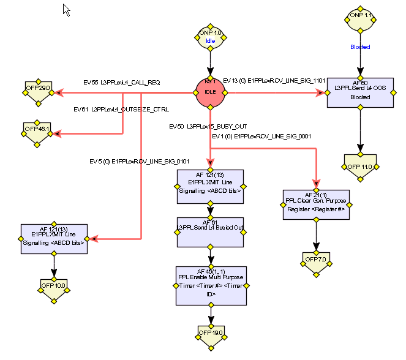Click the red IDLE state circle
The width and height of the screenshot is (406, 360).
pyautogui.click(x=210, y=92)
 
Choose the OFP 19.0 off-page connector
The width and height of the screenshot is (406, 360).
pyautogui.click(x=210, y=334)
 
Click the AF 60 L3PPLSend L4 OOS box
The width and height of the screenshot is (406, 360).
pyautogui.click(x=360, y=92)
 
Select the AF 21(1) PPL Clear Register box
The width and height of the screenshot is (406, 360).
pyautogui.click(x=316, y=204)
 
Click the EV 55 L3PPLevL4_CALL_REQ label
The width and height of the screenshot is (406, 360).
pyautogui.click(x=122, y=81)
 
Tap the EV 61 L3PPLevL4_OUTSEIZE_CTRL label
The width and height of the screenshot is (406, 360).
pyautogui.click(x=121, y=110)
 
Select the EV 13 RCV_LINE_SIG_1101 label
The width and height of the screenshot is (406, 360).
pyautogui.click(x=274, y=80)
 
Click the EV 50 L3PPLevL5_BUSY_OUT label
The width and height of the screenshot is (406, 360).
pyautogui.click(x=208, y=126)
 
